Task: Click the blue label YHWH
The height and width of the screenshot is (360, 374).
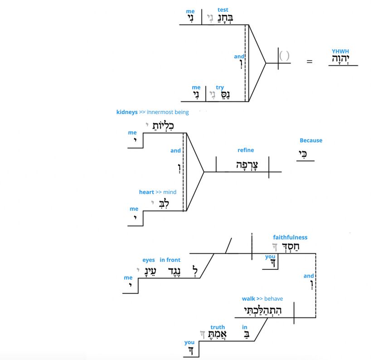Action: coord(340,52)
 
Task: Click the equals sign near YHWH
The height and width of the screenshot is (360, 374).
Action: coord(310,61)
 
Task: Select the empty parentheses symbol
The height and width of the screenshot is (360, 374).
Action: coord(284,56)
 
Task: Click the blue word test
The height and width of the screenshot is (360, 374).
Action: coord(223,10)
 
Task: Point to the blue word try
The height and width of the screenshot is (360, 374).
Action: coord(220,87)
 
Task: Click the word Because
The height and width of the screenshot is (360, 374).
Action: coord(311,140)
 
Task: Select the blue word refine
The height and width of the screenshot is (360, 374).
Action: coord(246,150)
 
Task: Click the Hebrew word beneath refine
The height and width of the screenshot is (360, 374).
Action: coord(246,165)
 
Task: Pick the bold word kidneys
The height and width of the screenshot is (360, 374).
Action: coord(127,112)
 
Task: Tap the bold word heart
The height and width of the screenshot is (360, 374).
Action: coord(146,192)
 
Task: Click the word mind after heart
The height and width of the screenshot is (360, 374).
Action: coord(170,192)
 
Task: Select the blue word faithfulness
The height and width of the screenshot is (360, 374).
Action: coord(290,237)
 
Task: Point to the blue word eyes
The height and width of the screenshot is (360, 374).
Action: coord(149,260)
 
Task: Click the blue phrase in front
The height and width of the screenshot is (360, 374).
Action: coord(170,260)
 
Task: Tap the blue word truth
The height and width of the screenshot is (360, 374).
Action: coord(218,327)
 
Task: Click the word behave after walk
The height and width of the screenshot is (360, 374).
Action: coord(273,298)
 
